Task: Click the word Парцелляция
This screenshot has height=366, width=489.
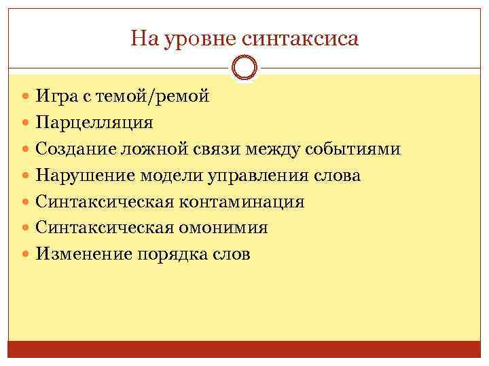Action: tap(94, 123)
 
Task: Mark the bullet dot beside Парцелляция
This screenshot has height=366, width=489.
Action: tap(26, 123)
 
